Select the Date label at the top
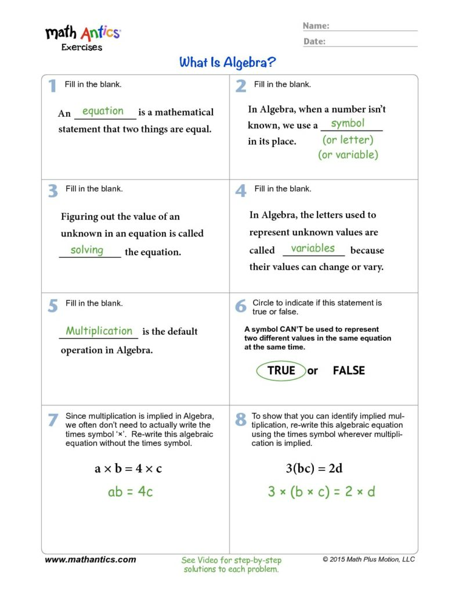pos(314,41)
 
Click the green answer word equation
pos(103,111)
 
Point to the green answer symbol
pos(348,123)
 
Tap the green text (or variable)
pos(348,155)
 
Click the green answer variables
pos(313,248)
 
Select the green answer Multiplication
pos(99,331)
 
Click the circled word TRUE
pos(281,370)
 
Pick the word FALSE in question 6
pos(349,370)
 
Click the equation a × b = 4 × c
pos(128,468)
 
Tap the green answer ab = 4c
pos(130,492)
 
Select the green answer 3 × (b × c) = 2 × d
pos(321,492)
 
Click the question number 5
pos(53,306)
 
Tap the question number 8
pos(241,420)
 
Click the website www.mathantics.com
pos(90,560)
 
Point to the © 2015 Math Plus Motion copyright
pos(368,560)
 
